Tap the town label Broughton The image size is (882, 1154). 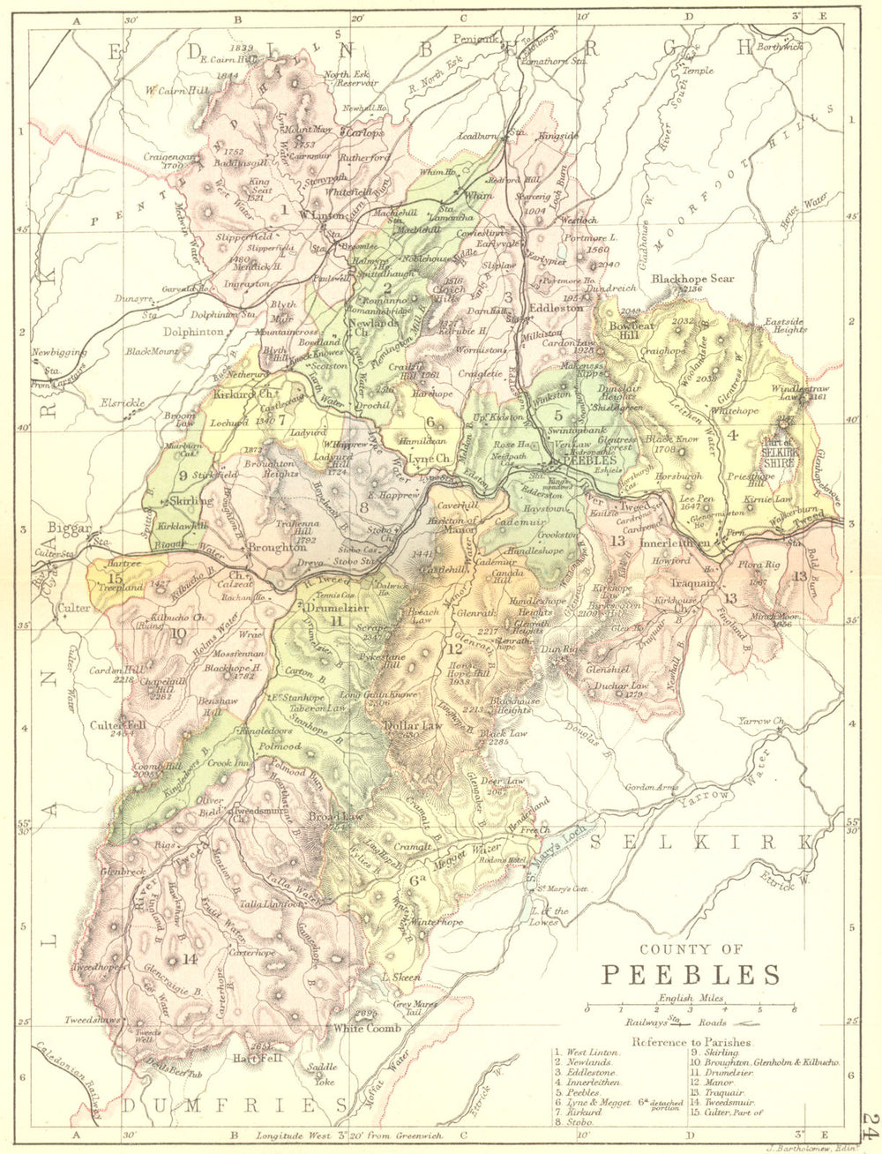[251, 548]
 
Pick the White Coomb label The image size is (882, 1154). [366, 1028]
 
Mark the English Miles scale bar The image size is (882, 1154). [691, 1006]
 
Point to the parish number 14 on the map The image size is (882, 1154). [189, 959]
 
